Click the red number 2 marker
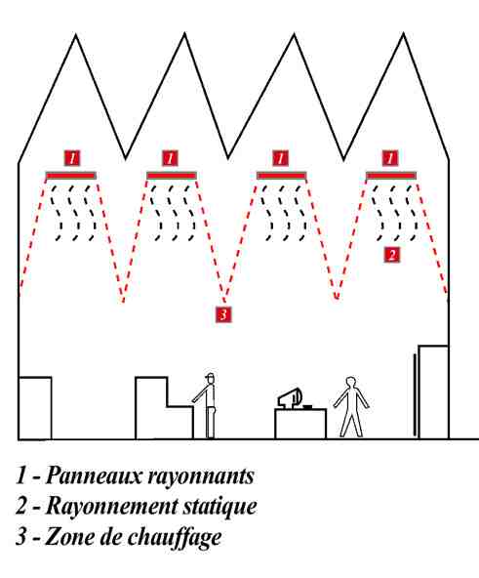(391, 255)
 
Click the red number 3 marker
(223, 314)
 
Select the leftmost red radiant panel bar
(71, 176)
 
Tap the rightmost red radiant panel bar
(391, 176)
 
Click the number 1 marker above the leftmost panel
(72, 158)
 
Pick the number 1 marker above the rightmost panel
(390, 158)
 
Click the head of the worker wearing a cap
(210, 378)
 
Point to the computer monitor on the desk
(290, 397)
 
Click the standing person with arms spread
(351, 406)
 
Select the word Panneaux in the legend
(94, 475)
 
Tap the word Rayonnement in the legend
(111, 507)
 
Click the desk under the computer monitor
(300, 424)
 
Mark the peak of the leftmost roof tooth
(75, 34)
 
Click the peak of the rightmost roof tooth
(404, 33)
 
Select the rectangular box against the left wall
(35, 408)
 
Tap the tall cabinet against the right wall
(433, 392)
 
